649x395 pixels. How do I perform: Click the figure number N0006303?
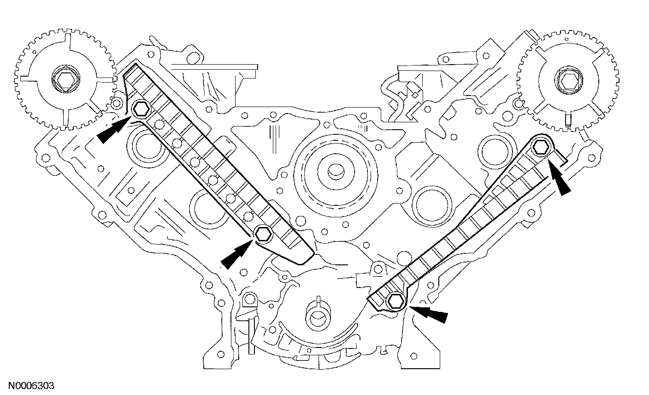point(28,384)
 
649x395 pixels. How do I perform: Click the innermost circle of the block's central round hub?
point(333,173)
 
